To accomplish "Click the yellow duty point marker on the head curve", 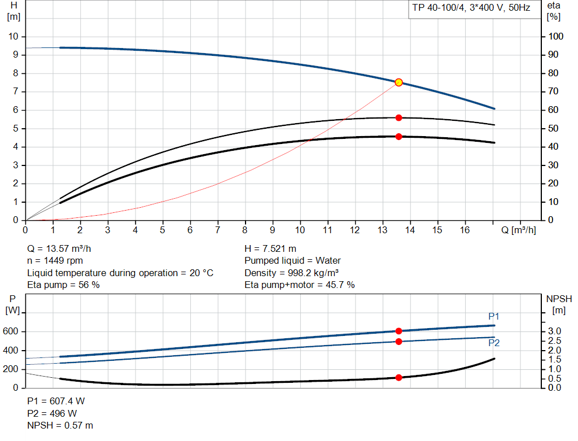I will point(399,82).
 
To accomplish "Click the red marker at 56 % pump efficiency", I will point(399,117).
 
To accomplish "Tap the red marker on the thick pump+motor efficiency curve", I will point(399,137).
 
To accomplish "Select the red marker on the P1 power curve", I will point(399,331).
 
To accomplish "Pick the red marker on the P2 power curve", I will point(399,342).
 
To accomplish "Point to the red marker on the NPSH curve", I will point(399,377).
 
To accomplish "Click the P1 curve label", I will point(494,316).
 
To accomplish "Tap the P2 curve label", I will point(494,343).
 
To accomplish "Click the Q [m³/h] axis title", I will point(518,230).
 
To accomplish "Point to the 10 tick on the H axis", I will point(14,37).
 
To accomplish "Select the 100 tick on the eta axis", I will point(556,37).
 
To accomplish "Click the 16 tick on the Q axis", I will point(465,230).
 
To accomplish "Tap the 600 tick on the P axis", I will point(13,331).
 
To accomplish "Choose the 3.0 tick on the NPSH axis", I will point(554,331).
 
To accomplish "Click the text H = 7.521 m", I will point(270,248).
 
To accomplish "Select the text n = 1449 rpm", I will point(55,261).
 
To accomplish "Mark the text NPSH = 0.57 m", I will point(60,425).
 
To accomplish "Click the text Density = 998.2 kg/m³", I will point(291,273).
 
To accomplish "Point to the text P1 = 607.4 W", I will point(56,401).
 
